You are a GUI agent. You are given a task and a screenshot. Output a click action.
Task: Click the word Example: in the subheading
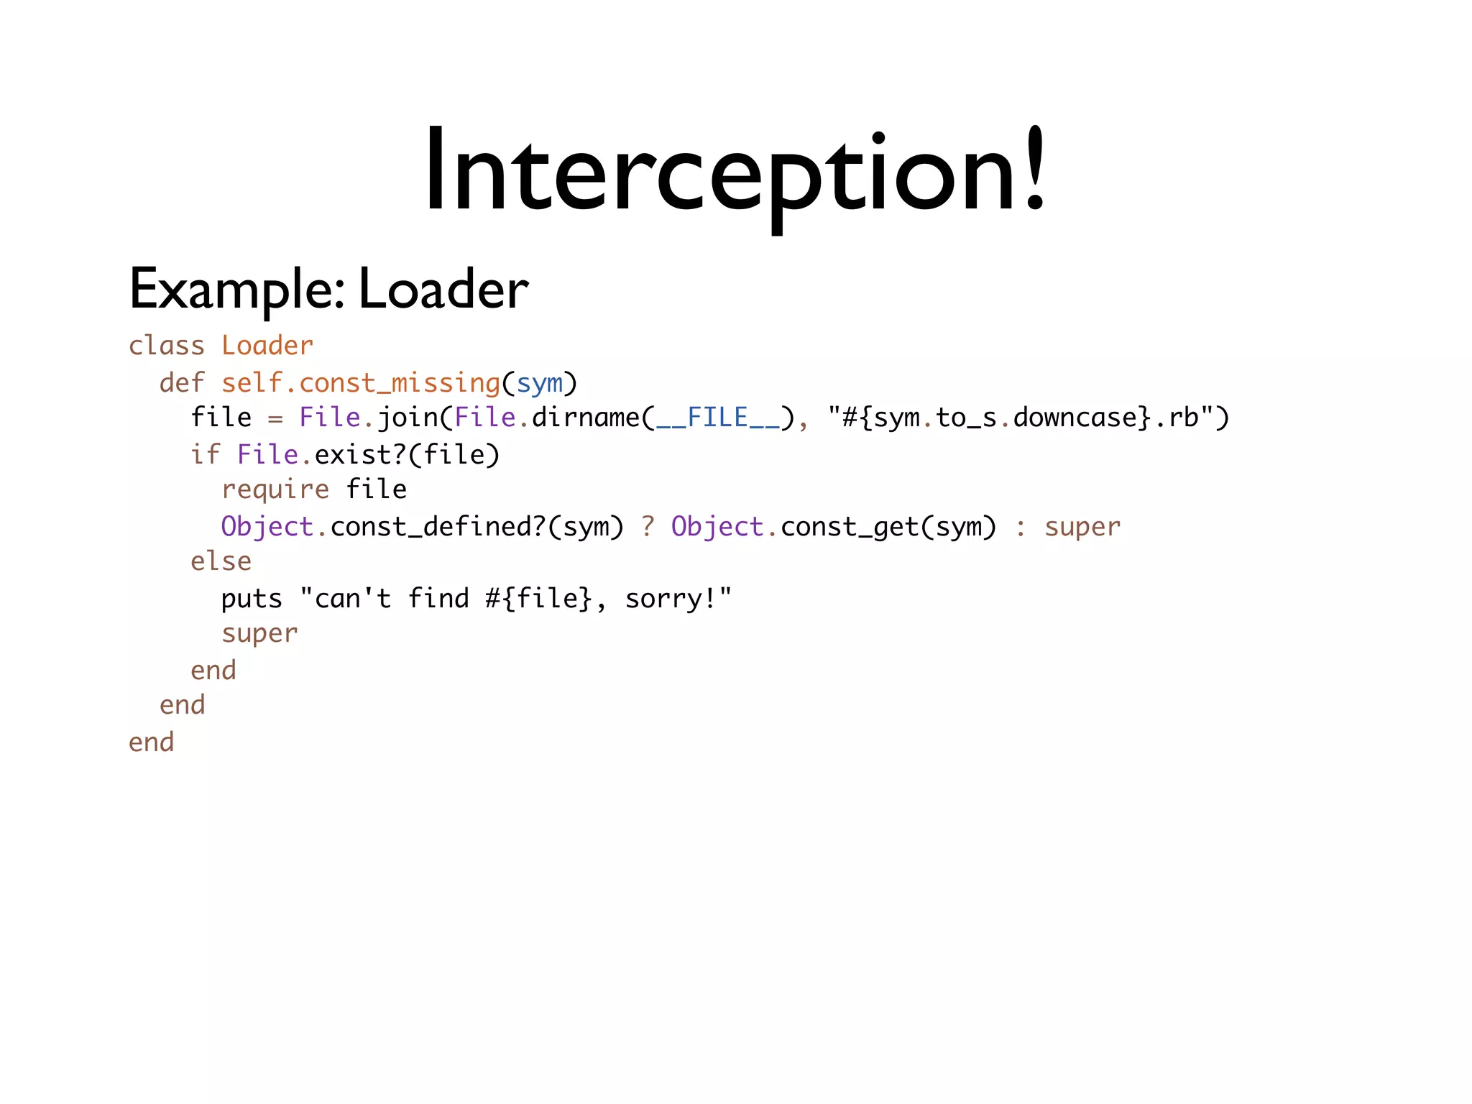[236, 290]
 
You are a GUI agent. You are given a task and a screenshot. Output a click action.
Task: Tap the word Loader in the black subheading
[443, 290]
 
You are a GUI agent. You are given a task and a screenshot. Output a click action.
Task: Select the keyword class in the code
[167, 346]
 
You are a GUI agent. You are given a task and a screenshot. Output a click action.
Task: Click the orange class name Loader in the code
[267, 346]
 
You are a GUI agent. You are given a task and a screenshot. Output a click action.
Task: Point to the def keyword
[182, 383]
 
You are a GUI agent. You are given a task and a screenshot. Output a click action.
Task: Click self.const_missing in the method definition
[360, 383]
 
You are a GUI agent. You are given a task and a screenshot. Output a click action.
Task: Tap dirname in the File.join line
[586, 418]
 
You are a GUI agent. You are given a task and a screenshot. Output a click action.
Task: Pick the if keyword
[205, 454]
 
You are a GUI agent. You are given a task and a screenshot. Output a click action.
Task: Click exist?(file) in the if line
[407, 455]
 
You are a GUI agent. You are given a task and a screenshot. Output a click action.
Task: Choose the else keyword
[221, 561]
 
